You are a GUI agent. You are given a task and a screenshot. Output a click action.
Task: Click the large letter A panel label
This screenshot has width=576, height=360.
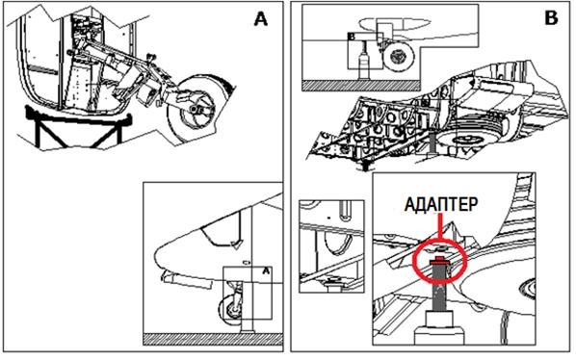click(x=261, y=19)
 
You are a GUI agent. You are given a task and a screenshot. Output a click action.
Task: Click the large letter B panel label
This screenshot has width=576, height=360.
click(x=551, y=17)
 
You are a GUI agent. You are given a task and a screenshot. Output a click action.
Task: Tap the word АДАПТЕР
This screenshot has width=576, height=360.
click(x=441, y=204)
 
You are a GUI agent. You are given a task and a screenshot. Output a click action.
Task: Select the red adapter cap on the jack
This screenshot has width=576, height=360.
click(x=439, y=261)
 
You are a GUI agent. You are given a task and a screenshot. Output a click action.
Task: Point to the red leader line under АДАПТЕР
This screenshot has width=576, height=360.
click(x=439, y=228)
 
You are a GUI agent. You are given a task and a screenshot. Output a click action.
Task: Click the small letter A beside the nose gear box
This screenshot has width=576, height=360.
click(x=266, y=271)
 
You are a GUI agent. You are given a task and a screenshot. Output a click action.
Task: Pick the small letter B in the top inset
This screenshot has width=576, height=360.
click(x=352, y=37)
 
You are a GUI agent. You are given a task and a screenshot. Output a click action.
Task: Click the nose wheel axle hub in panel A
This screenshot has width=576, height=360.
click(x=196, y=109)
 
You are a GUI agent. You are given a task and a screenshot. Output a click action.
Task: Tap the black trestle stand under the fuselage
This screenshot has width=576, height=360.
click(x=78, y=126)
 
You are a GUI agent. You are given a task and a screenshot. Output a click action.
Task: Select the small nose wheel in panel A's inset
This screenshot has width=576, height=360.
click(x=231, y=310)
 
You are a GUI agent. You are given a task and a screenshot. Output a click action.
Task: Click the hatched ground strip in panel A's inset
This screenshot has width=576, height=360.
click(x=213, y=339)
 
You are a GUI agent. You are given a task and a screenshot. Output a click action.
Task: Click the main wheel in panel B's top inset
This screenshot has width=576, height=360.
click(x=398, y=56)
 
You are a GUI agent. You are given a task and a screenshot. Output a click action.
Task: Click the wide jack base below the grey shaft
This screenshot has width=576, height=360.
click(x=440, y=327)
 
